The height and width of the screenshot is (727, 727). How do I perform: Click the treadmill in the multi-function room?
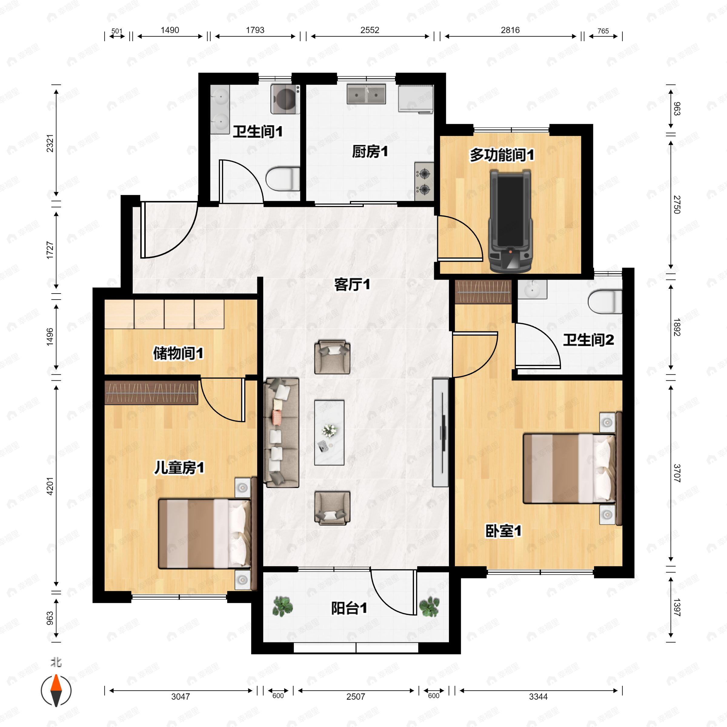pos(510,221)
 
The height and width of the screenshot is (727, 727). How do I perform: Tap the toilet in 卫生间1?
pos(283,179)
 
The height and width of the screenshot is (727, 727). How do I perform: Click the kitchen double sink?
pos(366,94)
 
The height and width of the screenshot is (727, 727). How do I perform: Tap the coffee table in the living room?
pos(329,432)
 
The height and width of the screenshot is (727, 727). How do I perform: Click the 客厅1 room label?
pos(352,284)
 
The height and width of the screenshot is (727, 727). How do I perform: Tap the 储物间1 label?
pos(178,353)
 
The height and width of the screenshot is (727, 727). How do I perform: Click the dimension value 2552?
pos(370,30)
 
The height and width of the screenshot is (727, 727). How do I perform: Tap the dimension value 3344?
pos(538,696)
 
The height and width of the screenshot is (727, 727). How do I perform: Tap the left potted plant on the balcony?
pos(283,606)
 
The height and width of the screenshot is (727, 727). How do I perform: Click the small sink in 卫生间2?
pos(532,289)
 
